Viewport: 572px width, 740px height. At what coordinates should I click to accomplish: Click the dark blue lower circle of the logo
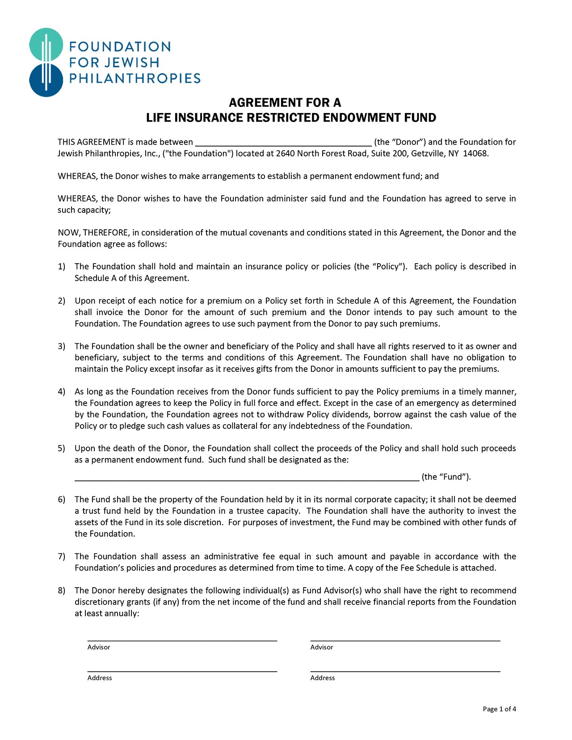coord(46,80)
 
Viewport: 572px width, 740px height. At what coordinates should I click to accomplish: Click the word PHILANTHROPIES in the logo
coord(135,79)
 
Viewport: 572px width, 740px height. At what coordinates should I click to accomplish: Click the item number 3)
coord(62,346)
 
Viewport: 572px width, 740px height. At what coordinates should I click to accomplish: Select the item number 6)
coord(62,500)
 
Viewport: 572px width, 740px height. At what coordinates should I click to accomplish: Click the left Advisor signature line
coord(182,640)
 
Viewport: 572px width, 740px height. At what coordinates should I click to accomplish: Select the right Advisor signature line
coord(405,640)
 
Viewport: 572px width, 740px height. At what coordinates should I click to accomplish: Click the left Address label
coord(100,678)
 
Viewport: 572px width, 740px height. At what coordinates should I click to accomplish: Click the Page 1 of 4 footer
coord(499,709)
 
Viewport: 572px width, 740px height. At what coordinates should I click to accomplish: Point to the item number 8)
coord(62,591)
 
